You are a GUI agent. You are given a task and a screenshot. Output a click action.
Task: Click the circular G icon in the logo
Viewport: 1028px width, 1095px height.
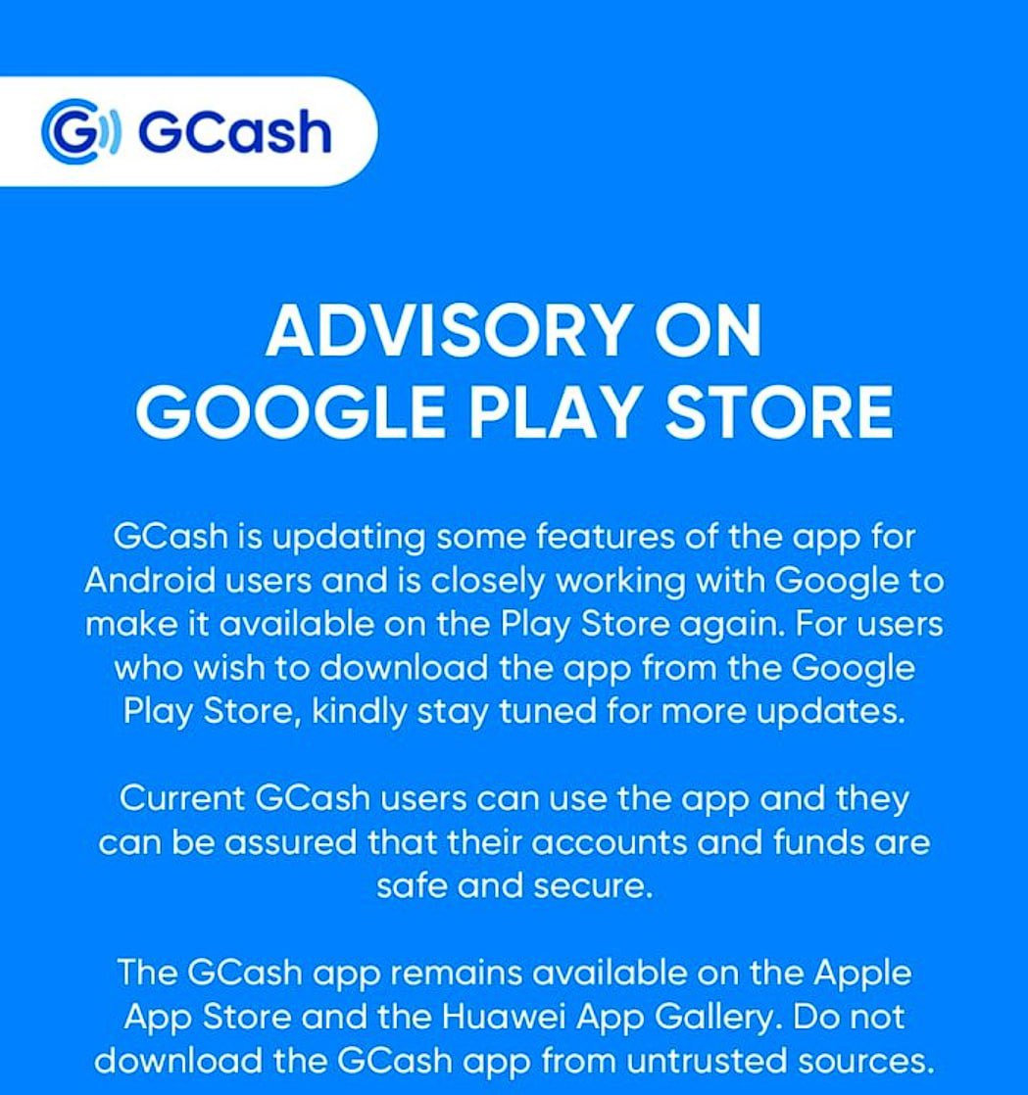click(x=80, y=131)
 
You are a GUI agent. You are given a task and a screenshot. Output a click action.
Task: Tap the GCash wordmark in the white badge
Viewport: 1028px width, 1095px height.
click(x=235, y=131)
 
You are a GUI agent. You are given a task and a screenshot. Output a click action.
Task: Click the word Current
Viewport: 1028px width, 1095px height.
click(x=181, y=799)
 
